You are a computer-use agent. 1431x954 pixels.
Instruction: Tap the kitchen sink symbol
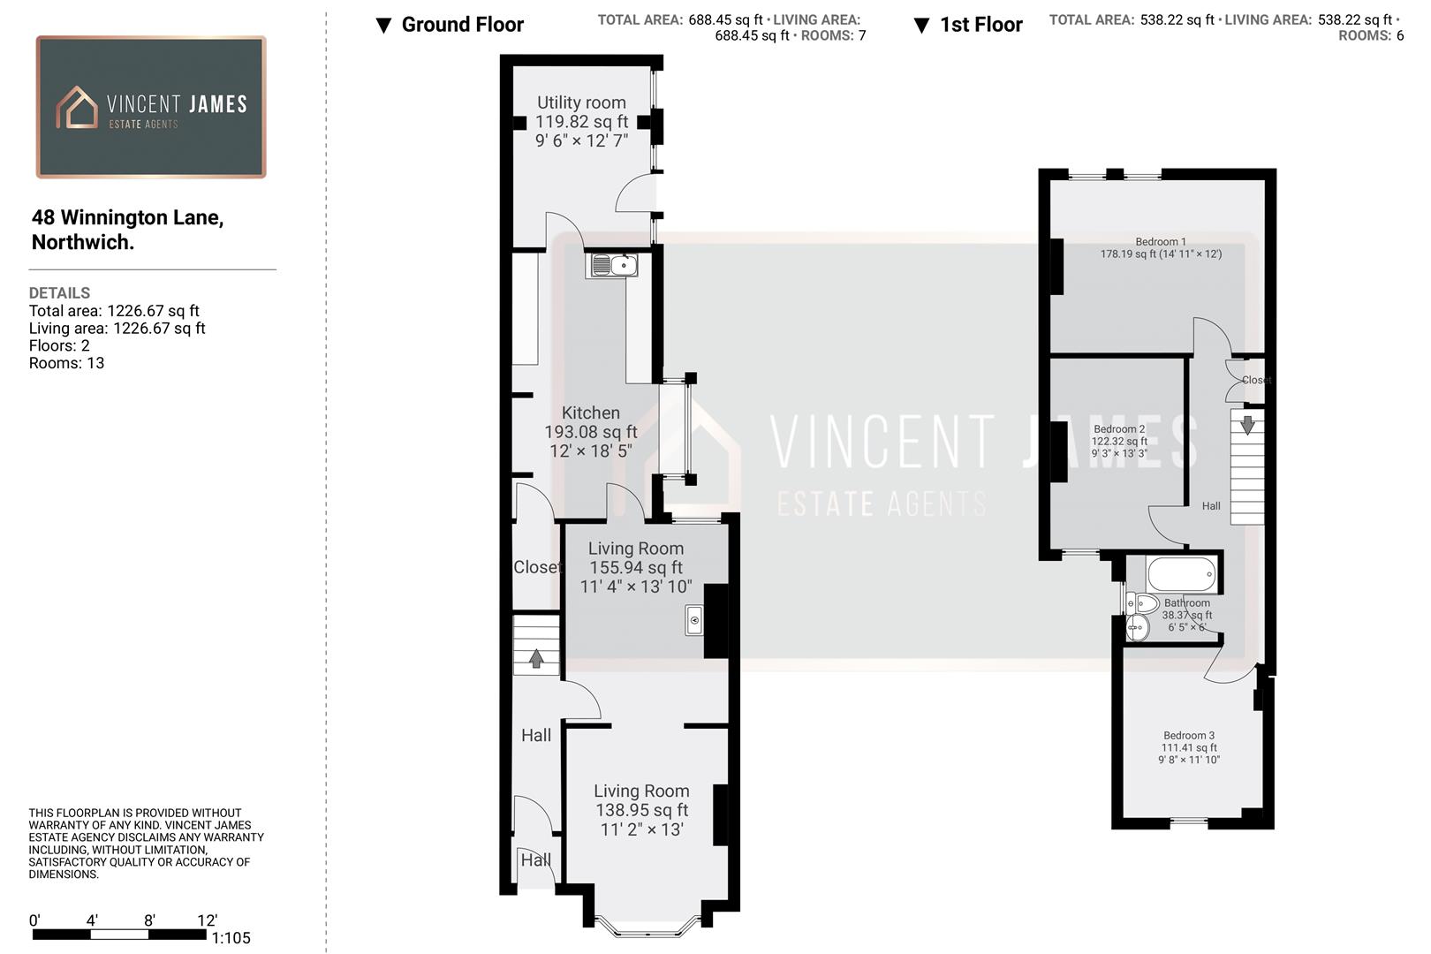click(x=611, y=264)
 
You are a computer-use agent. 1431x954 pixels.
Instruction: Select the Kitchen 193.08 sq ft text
click(x=590, y=432)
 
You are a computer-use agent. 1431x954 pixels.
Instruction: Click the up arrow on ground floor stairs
click(x=536, y=658)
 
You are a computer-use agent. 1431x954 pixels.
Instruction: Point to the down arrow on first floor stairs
click(x=1247, y=425)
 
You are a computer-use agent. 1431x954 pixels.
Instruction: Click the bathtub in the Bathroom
click(x=1182, y=574)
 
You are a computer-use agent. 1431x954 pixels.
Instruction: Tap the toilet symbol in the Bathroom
click(x=1143, y=604)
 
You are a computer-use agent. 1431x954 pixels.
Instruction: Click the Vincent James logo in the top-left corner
click(x=151, y=107)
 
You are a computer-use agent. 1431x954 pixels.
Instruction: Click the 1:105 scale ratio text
click(x=231, y=938)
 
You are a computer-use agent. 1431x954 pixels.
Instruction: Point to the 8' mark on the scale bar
click(x=149, y=920)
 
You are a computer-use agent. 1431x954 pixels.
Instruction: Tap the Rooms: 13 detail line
click(x=66, y=363)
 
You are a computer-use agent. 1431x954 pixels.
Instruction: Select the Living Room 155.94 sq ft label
click(x=636, y=567)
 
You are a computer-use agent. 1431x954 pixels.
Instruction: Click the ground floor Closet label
click(x=537, y=567)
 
